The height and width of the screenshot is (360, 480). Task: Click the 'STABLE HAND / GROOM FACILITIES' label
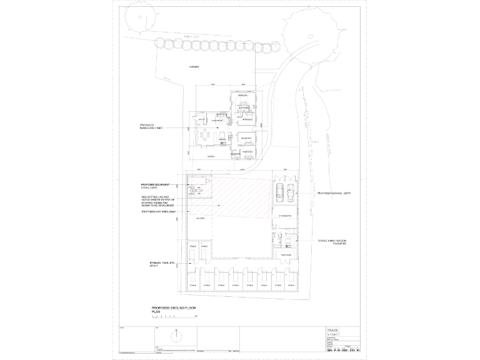point(331,242)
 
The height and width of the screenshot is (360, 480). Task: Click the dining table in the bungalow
point(207,136)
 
